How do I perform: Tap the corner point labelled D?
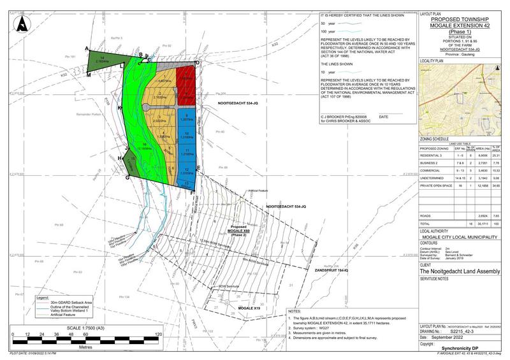tap(198, 62)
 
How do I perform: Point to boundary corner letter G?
tap(128, 178)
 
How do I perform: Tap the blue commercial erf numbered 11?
tap(187, 152)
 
